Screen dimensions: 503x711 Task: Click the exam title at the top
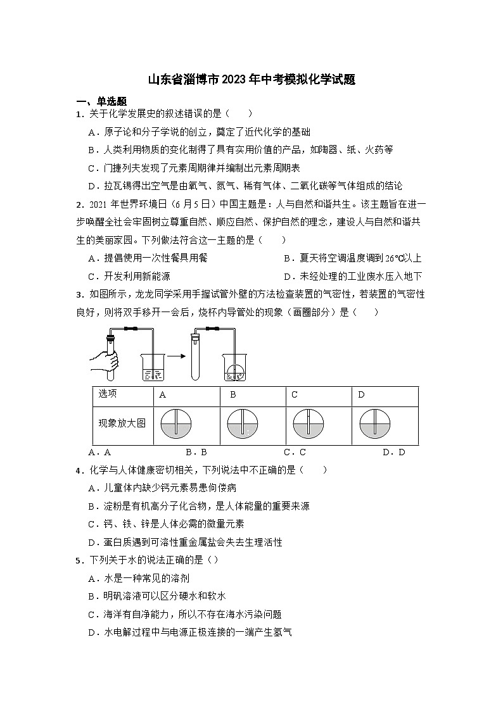pyautogui.click(x=251, y=80)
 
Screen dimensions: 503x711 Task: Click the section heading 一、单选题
pyautogui.click(x=101, y=101)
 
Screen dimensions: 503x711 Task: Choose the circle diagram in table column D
pyautogui.click(x=374, y=424)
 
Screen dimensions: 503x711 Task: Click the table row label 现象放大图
pyautogui.click(x=122, y=423)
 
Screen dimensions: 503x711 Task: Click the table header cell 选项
pyautogui.click(x=108, y=394)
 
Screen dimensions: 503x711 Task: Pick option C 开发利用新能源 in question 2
pyautogui.click(x=129, y=276)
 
